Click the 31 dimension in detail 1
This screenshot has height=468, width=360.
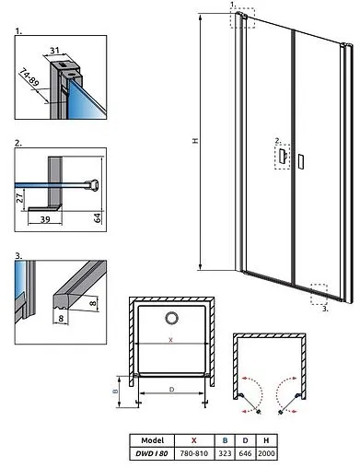coord(54,50)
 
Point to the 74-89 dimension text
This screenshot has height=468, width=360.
coord(29,77)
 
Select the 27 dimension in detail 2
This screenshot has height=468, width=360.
coord(19,197)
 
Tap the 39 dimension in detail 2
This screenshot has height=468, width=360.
coord(45,219)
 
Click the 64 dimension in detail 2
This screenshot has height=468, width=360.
coord(98,217)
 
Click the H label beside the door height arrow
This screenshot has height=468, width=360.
coord(195,141)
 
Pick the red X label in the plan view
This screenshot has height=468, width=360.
coord(171,340)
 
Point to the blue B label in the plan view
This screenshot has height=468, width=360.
coord(116,392)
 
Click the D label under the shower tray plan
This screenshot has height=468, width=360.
coord(171,390)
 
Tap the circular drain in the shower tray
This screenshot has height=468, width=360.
coord(171,318)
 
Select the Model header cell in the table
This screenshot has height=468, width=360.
coord(152,440)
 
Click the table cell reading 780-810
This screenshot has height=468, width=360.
coord(194,453)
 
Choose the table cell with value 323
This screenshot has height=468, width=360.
coord(225,453)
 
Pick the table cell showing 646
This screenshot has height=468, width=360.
coord(245,453)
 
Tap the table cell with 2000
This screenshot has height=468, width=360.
coord(266,453)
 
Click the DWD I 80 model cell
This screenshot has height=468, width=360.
coord(152,453)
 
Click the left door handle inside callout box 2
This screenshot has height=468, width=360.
coord(283,156)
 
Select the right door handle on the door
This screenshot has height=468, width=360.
coord(301,161)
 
